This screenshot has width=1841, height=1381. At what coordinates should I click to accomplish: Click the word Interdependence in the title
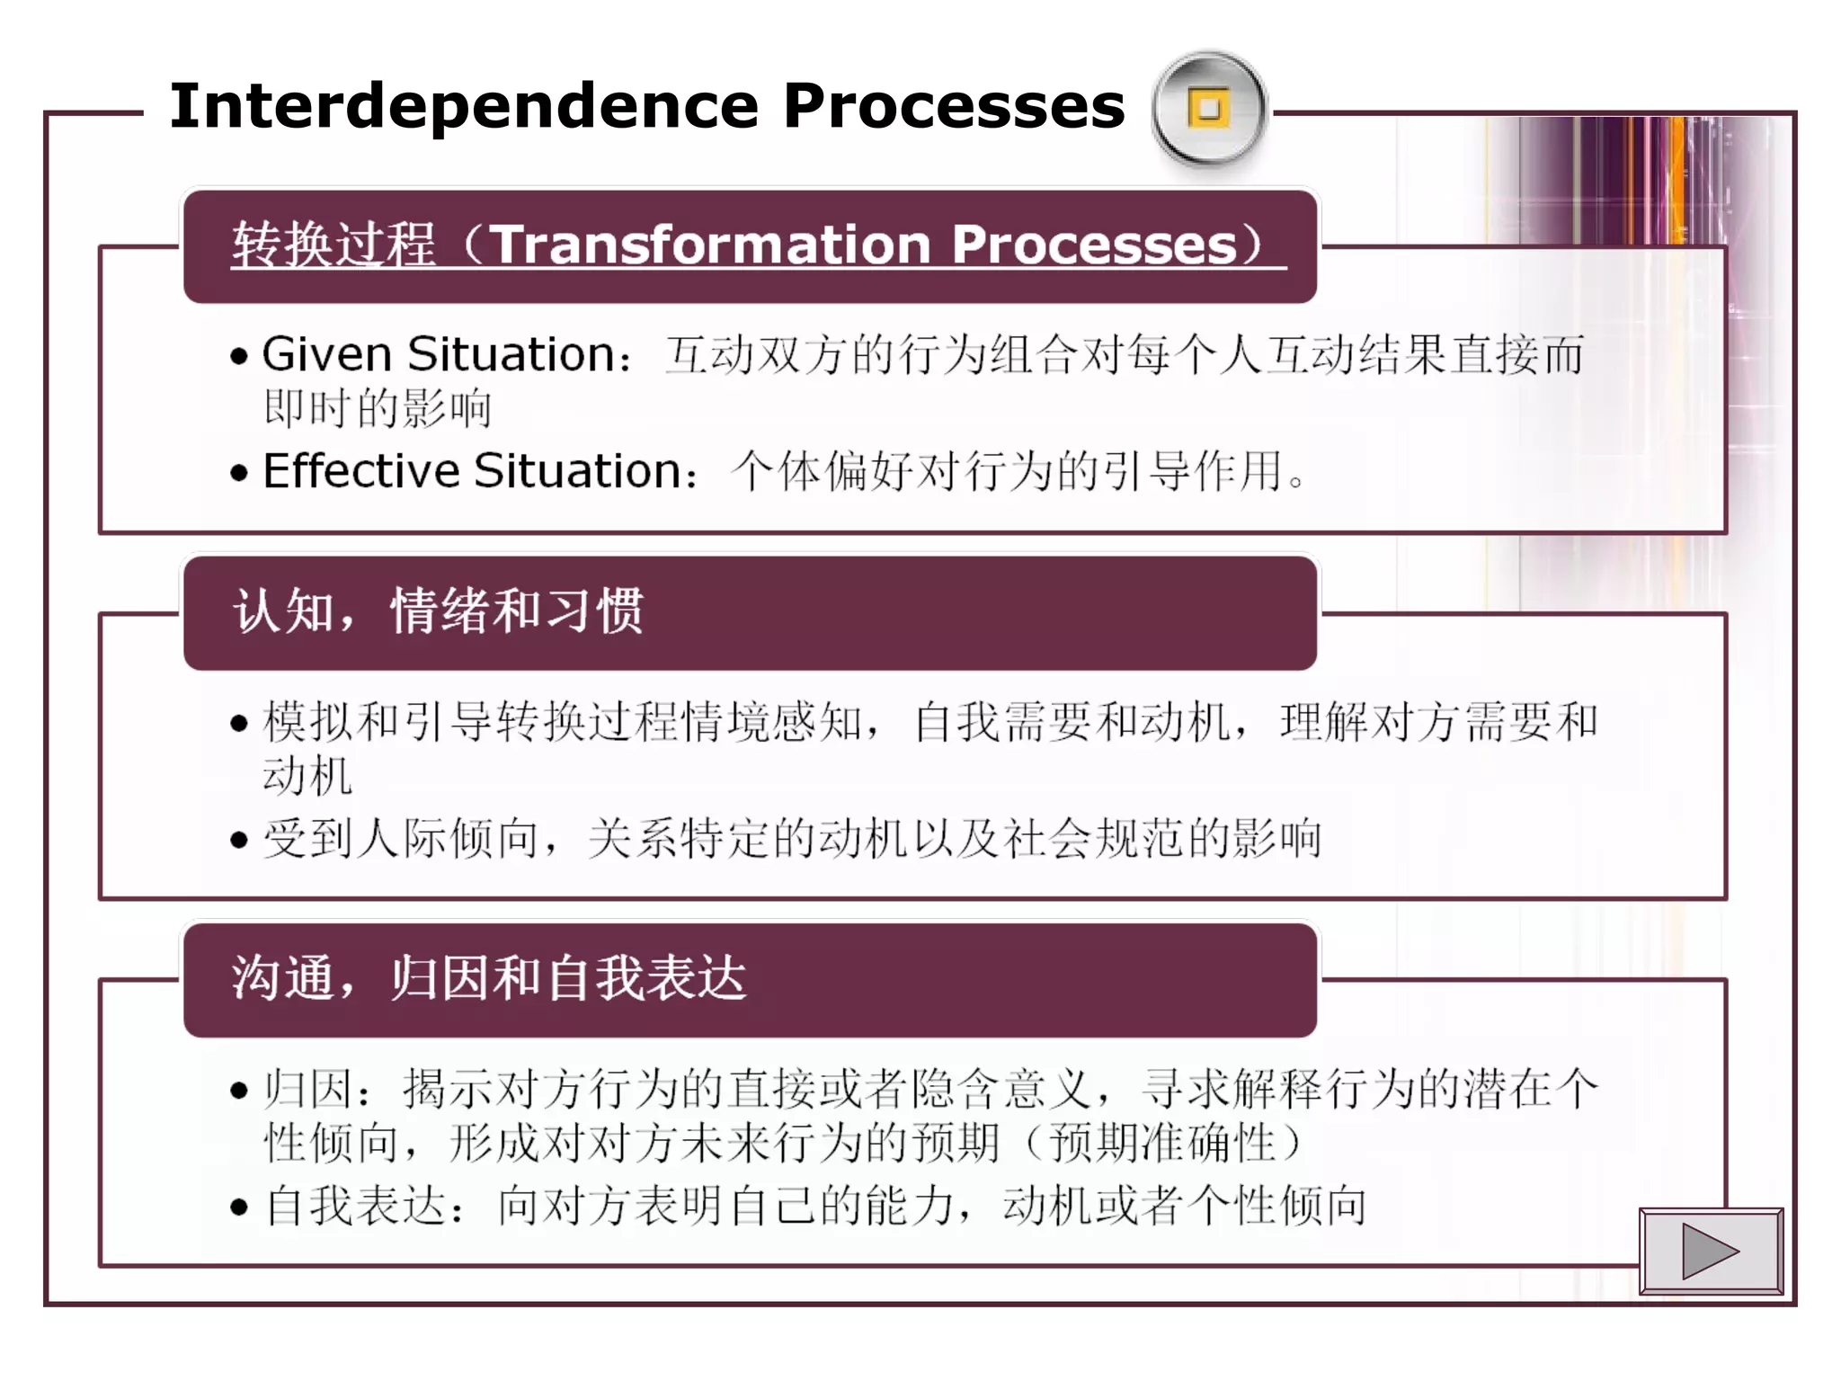click(464, 106)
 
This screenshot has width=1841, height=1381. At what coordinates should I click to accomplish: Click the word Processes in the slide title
click(953, 106)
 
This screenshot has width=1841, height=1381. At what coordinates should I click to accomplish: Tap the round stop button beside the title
click(1209, 109)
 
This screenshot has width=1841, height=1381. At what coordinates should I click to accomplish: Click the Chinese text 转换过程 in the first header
click(334, 245)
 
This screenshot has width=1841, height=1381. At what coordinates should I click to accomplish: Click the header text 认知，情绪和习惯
click(438, 611)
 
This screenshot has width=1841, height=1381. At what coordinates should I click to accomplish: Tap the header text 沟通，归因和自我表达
click(489, 978)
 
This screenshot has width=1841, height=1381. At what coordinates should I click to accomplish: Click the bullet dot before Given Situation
click(238, 357)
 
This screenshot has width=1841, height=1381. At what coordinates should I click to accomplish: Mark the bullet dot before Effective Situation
click(238, 473)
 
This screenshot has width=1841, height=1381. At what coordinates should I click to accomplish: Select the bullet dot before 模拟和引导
click(238, 723)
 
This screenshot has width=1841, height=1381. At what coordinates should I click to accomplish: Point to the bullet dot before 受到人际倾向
click(238, 840)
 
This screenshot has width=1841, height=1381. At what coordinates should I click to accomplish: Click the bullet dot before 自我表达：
click(238, 1207)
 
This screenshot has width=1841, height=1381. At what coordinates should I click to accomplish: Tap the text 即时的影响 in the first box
click(378, 408)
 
